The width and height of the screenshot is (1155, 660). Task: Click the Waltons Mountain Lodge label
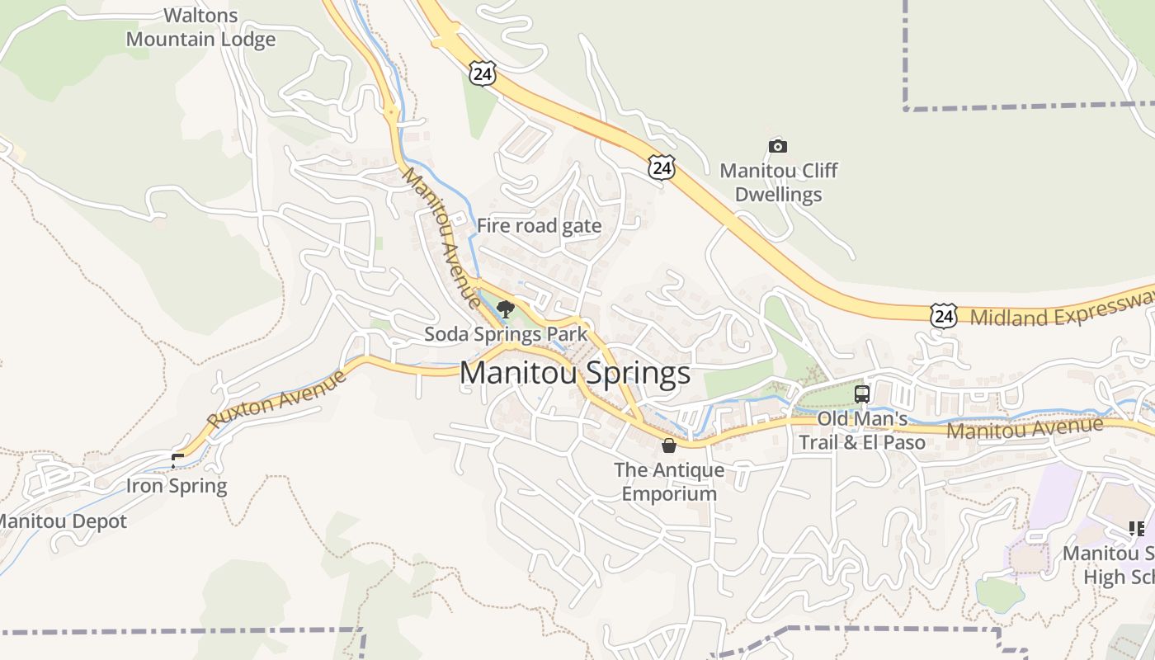tap(200, 27)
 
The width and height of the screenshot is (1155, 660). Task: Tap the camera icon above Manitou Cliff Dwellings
tap(777, 147)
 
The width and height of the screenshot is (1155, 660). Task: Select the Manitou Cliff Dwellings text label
tap(778, 182)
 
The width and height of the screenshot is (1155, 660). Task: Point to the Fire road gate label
tap(539, 226)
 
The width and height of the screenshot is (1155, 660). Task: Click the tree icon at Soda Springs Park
tap(506, 310)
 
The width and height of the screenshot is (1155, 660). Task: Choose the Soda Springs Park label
tap(506, 334)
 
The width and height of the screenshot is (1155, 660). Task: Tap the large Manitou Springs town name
tap(574, 373)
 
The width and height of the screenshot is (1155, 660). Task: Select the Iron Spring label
tap(177, 486)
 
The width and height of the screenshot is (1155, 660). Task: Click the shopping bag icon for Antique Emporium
tap(669, 445)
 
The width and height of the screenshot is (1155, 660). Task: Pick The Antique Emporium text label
tap(669, 482)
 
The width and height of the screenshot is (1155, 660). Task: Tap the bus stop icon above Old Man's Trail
tap(862, 394)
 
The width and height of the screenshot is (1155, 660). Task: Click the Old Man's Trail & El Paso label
tap(862, 431)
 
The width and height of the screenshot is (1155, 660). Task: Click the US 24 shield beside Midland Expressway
tap(943, 315)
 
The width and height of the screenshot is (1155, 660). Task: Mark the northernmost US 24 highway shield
tap(483, 74)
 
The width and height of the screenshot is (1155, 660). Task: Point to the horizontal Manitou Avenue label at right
tap(1025, 428)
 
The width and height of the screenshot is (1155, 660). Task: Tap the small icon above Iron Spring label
tap(177, 460)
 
